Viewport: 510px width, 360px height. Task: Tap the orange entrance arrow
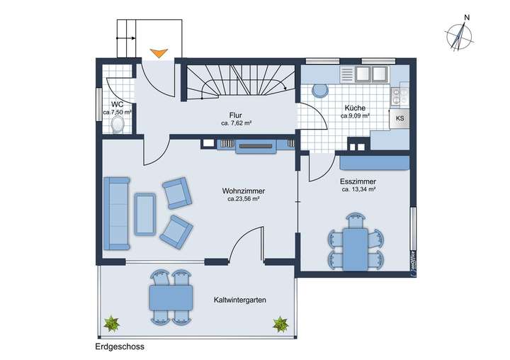(x=159, y=52)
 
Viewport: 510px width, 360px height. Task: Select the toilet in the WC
(x=118, y=124)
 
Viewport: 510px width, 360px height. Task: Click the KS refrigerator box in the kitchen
(x=399, y=118)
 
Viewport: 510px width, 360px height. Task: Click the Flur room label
(x=236, y=114)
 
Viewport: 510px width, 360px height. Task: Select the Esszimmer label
(x=358, y=181)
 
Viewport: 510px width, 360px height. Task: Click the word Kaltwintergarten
(x=239, y=300)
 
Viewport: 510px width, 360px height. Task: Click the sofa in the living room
(x=116, y=213)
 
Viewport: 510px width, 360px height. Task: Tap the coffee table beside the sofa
(x=146, y=213)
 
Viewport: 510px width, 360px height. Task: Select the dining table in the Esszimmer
(x=355, y=249)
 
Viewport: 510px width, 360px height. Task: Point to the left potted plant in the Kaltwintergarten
(x=112, y=325)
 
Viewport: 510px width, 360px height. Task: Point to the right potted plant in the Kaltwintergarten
(x=280, y=325)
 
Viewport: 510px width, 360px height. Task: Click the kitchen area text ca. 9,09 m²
(x=355, y=116)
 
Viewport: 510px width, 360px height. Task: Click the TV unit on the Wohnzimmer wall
(x=255, y=146)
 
